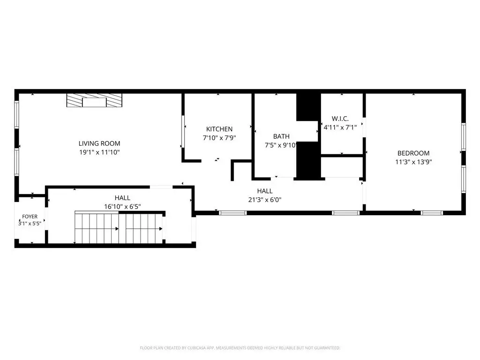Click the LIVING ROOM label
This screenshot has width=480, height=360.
pyautogui.click(x=99, y=143)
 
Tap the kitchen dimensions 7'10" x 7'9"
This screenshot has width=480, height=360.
pyautogui.click(x=219, y=138)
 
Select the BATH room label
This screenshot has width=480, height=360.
pyautogui.click(x=281, y=136)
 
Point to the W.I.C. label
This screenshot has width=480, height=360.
pyautogui.click(x=340, y=119)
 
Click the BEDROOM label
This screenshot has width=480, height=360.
pyautogui.click(x=413, y=153)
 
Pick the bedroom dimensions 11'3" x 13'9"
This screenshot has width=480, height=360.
pyautogui.click(x=413, y=162)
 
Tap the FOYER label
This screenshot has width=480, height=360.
pyautogui.click(x=30, y=217)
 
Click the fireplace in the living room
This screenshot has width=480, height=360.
pyautogui.click(x=94, y=100)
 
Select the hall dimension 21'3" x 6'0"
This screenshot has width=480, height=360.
pyautogui.click(x=265, y=200)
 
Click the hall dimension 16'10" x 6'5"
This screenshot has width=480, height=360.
pyautogui.click(x=122, y=207)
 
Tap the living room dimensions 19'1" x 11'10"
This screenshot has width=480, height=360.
pyautogui.click(x=99, y=152)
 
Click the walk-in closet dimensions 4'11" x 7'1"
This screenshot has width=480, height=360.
pyautogui.click(x=340, y=127)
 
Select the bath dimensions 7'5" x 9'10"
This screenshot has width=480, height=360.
pyautogui.click(x=281, y=145)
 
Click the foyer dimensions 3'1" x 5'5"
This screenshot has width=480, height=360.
pyautogui.click(x=30, y=224)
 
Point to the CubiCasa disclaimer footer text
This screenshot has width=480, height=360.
pyautogui.click(x=240, y=348)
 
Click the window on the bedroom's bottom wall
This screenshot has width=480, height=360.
pyautogui.click(x=432, y=213)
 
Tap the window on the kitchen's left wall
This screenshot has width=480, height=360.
pyautogui.click(x=183, y=131)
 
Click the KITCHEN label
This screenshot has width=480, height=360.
pyautogui.click(x=219, y=129)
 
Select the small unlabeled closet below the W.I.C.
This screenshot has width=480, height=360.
pyautogui.click(x=342, y=167)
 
